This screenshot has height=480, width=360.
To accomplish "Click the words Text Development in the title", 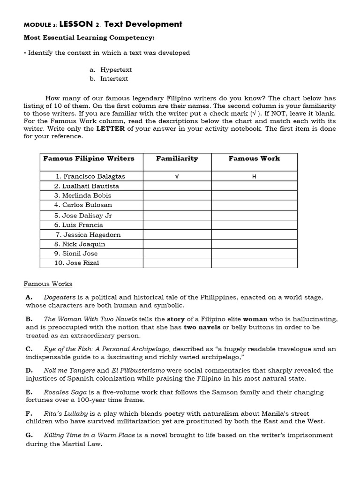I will pos(143,24).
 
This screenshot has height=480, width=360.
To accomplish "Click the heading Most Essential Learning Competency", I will pos(89,37).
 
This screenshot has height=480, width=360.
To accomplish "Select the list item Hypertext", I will pos(116,69).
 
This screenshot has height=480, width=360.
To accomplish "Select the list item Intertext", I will pos(114,79).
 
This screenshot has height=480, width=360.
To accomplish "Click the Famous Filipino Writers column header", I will pos(89,158).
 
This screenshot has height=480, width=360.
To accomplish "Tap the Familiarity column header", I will pos(177,158).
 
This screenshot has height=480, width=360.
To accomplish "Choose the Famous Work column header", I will pos(254,158).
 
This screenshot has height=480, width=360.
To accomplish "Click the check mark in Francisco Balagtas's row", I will pos(177,177).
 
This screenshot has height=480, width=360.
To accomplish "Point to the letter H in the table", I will pos(254,177).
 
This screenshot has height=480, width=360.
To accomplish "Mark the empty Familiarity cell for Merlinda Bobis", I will pos(177,195).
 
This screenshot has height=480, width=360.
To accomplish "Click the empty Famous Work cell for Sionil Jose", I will pos(254,253).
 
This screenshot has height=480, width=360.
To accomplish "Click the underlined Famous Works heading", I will pos(48,284).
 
